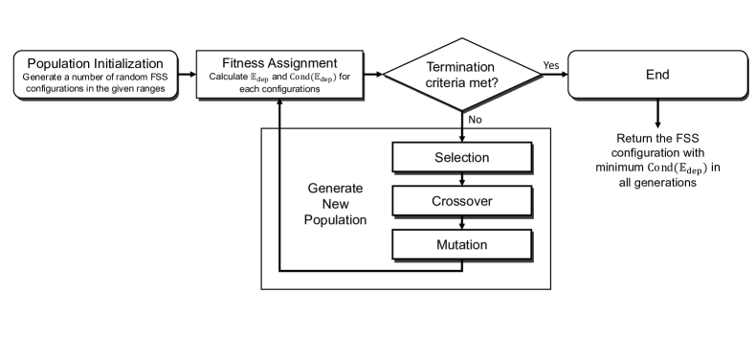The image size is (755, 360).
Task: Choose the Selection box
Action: (462, 156)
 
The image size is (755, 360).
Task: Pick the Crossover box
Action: (462, 200)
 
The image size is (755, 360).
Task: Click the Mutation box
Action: (462, 244)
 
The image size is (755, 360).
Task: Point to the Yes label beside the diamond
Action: (552, 64)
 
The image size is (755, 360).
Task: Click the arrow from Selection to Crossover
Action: (462, 178)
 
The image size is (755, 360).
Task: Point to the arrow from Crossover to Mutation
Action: (462, 222)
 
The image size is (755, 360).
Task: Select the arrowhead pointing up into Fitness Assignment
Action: (278, 103)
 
